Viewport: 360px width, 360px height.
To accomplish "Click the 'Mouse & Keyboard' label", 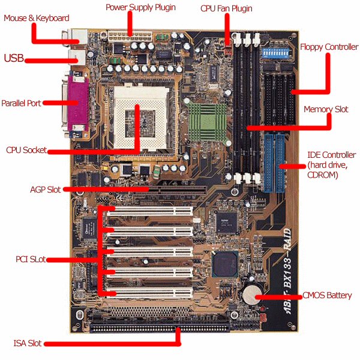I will [37, 18].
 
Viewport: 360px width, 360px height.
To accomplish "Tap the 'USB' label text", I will [14, 58].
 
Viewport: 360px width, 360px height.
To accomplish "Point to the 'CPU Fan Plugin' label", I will [226, 9].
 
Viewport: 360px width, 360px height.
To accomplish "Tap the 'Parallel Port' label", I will [21, 103].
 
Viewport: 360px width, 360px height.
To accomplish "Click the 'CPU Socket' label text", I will [26, 150].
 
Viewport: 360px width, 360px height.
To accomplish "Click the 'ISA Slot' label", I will [28, 344].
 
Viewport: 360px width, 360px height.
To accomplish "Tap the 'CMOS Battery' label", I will [327, 295].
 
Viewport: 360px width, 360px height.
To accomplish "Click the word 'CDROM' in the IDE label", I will [322, 175].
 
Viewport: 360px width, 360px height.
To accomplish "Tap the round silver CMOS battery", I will [250, 293].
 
